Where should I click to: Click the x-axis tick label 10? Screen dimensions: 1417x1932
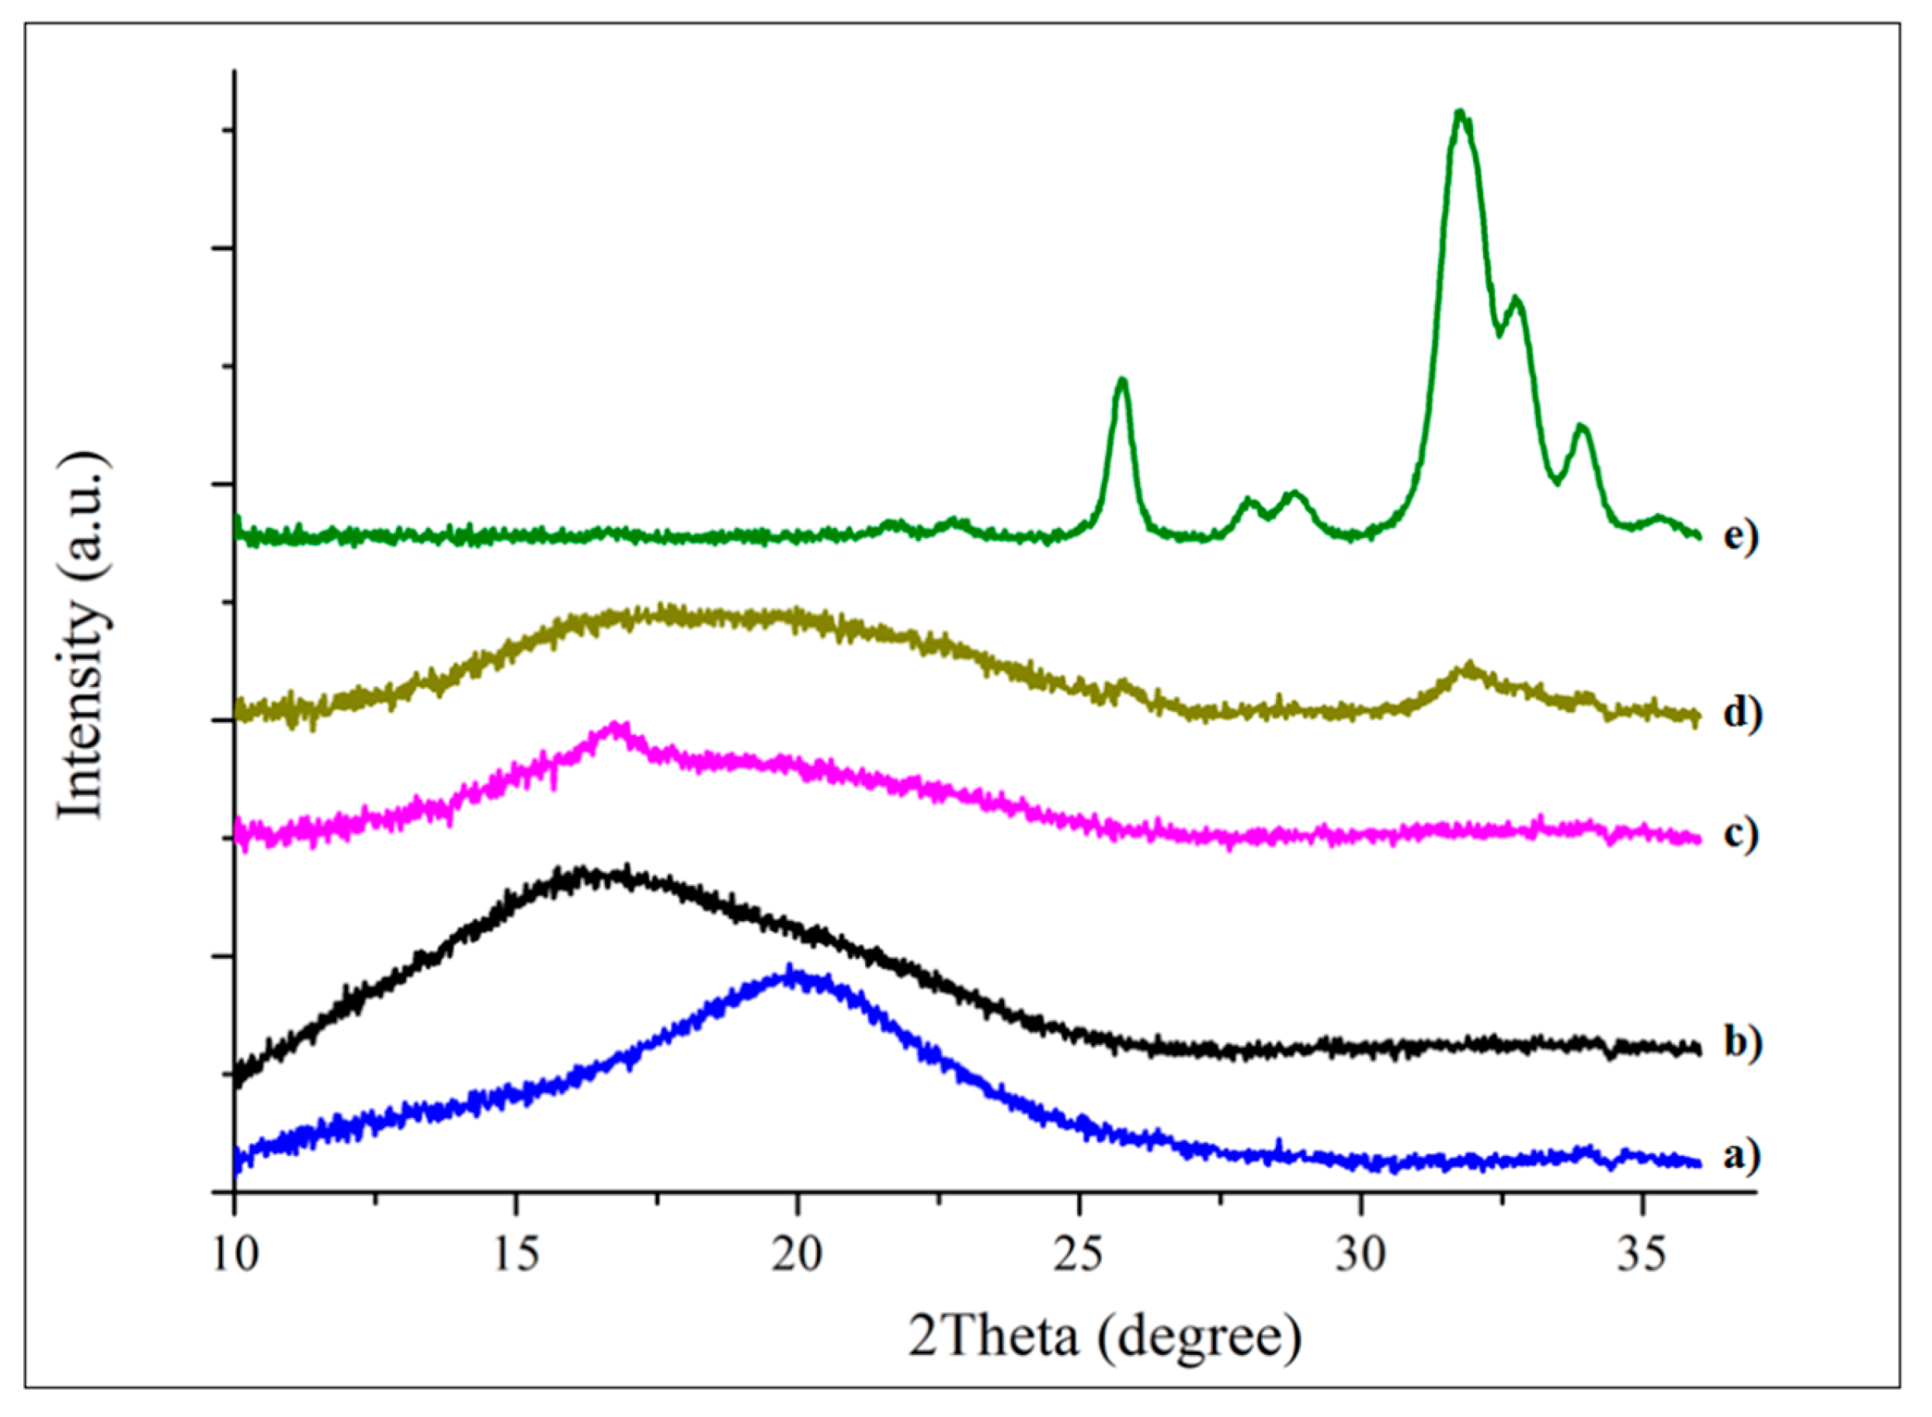pyautogui.click(x=234, y=1255)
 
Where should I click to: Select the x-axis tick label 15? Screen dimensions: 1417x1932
pyautogui.click(x=515, y=1255)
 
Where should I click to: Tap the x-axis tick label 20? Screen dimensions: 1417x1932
pyautogui.click(x=796, y=1255)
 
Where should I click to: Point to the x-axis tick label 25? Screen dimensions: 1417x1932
pyautogui.click(x=1079, y=1255)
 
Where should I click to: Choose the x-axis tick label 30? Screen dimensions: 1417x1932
pyautogui.click(x=1360, y=1255)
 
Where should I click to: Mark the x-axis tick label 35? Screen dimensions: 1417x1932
pyautogui.click(x=1641, y=1255)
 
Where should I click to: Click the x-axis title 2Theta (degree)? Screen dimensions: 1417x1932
pyautogui.click(x=1105, y=1338)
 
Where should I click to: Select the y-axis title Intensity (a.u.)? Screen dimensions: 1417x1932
pyautogui.click(x=83, y=634)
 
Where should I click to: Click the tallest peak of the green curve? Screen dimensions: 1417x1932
pyautogui.click(x=1460, y=113)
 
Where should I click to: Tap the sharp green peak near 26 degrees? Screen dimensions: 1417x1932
pyautogui.click(x=1121, y=380)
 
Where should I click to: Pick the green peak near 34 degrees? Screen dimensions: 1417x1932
pyautogui.click(x=1582, y=427)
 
